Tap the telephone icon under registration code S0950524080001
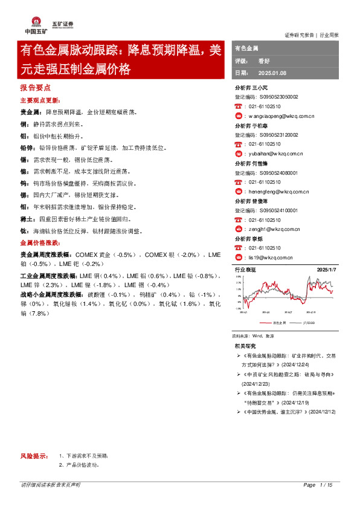pyautogui.click(x=238, y=182)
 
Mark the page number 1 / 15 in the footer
pyautogui.click(x=327, y=485)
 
